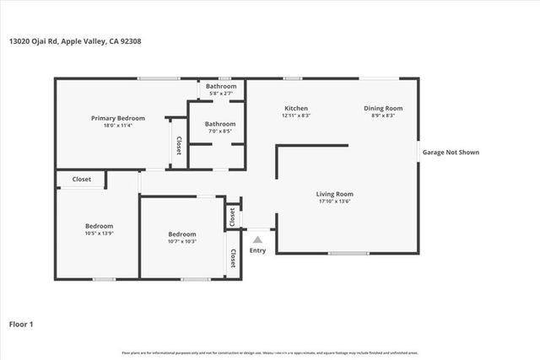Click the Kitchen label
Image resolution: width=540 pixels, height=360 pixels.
tap(295, 108)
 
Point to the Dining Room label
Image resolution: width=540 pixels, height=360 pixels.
tap(383, 108)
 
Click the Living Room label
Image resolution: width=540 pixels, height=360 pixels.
tap(334, 194)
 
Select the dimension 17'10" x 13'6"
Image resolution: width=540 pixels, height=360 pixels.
tap(334, 201)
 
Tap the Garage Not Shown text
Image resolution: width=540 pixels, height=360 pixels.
tap(451, 153)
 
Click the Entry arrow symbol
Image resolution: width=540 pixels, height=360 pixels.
tap(258, 240)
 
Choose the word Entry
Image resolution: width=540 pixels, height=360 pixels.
tap(258, 250)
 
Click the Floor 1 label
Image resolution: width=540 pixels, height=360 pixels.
tap(21, 323)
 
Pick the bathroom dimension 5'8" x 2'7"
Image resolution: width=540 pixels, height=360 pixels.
tap(221, 93)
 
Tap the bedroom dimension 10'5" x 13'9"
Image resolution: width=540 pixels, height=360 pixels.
tap(99, 233)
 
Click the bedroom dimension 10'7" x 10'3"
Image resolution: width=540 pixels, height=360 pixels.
tap(181, 241)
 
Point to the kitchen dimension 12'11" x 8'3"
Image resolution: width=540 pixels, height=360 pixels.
tap(295, 116)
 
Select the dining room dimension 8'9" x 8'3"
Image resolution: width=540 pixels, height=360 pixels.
tap(383, 116)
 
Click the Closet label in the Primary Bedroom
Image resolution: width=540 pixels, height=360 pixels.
tap(179, 146)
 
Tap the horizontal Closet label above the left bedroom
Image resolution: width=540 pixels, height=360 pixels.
tap(82, 180)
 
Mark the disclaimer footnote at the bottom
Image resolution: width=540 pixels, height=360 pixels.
tap(270, 352)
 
